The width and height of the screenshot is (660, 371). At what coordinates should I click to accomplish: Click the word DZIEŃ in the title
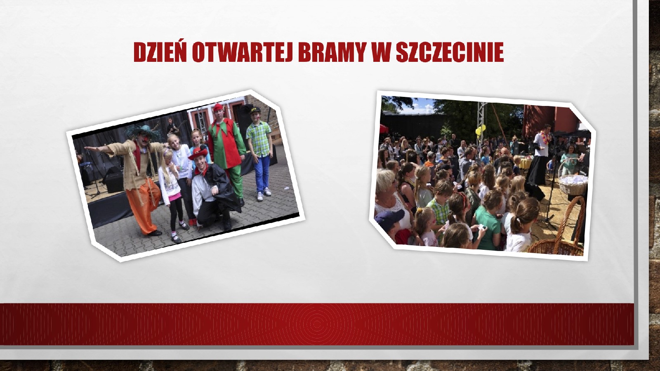pyautogui.click(x=160, y=52)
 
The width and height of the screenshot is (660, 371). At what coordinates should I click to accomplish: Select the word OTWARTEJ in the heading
pyautogui.click(x=242, y=52)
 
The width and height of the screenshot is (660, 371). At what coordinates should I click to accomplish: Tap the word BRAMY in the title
pyautogui.click(x=332, y=52)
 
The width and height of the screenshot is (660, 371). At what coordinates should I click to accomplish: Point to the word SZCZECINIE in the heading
pyautogui.click(x=450, y=52)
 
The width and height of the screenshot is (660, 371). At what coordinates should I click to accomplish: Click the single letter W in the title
pyautogui.click(x=381, y=52)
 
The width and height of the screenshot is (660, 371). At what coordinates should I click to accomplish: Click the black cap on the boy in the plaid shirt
pyautogui.click(x=255, y=110)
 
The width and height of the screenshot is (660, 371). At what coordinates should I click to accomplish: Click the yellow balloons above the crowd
pyautogui.click(x=480, y=130)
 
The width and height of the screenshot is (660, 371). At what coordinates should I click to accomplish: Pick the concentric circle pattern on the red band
pyautogui.click(x=317, y=324)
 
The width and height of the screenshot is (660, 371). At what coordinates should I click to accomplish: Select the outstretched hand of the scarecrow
pyautogui.click(x=88, y=149)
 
